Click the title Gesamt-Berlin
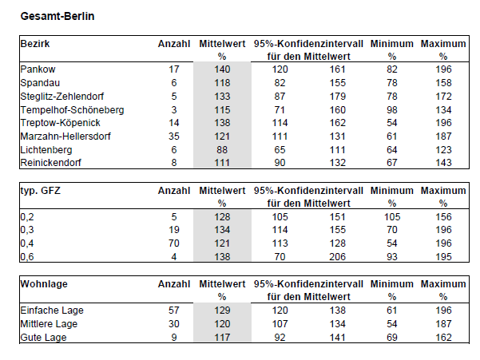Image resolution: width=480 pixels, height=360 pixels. click(x=58, y=16)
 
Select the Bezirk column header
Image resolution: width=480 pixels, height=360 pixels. click(x=35, y=44)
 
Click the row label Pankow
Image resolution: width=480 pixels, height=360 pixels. click(x=38, y=69)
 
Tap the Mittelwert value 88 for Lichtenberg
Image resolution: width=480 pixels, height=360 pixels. click(x=222, y=150)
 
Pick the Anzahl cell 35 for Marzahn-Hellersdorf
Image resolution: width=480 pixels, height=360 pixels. click(x=174, y=136)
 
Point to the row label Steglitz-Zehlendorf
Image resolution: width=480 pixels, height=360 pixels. click(x=62, y=97)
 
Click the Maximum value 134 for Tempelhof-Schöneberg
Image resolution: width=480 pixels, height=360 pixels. click(x=443, y=110)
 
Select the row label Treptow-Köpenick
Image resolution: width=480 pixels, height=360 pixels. click(x=61, y=123)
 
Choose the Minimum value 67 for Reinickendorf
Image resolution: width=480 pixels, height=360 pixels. click(x=392, y=163)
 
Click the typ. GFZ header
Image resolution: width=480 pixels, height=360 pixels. click(x=41, y=191)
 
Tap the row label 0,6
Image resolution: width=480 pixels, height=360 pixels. click(x=27, y=257)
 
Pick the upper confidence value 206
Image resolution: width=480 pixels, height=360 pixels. click(x=337, y=257)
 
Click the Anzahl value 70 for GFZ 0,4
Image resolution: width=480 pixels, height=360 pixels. click(x=174, y=243)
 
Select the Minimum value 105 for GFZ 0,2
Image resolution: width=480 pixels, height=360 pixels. click(x=392, y=217)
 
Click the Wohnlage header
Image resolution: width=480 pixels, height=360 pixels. click(x=44, y=284)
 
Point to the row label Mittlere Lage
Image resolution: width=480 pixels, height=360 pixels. click(x=49, y=324)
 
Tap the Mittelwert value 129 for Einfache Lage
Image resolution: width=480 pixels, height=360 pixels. click(x=222, y=311)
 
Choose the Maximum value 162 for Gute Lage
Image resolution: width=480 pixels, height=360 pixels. click(x=443, y=338)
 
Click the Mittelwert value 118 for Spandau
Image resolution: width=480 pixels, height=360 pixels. click(x=222, y=83)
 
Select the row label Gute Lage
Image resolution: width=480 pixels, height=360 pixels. click(x=43, y=338)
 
